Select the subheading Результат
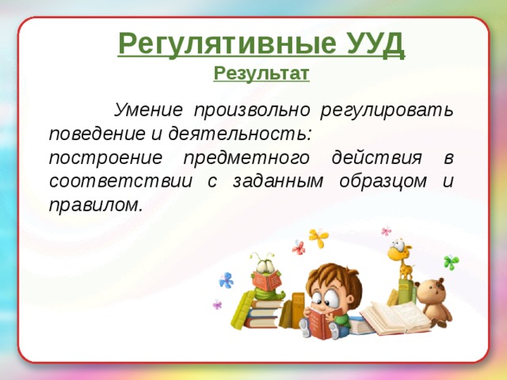coord(261,74)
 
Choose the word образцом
coord(383,180)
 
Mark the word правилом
coord(96,204)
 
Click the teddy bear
coord(433,299)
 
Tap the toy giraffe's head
coord(398,252)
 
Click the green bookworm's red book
coord(266,281)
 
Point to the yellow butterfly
coord(318,237)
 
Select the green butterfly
coord(452,261)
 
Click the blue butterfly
coord(227,279)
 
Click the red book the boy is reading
coord(318,322)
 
